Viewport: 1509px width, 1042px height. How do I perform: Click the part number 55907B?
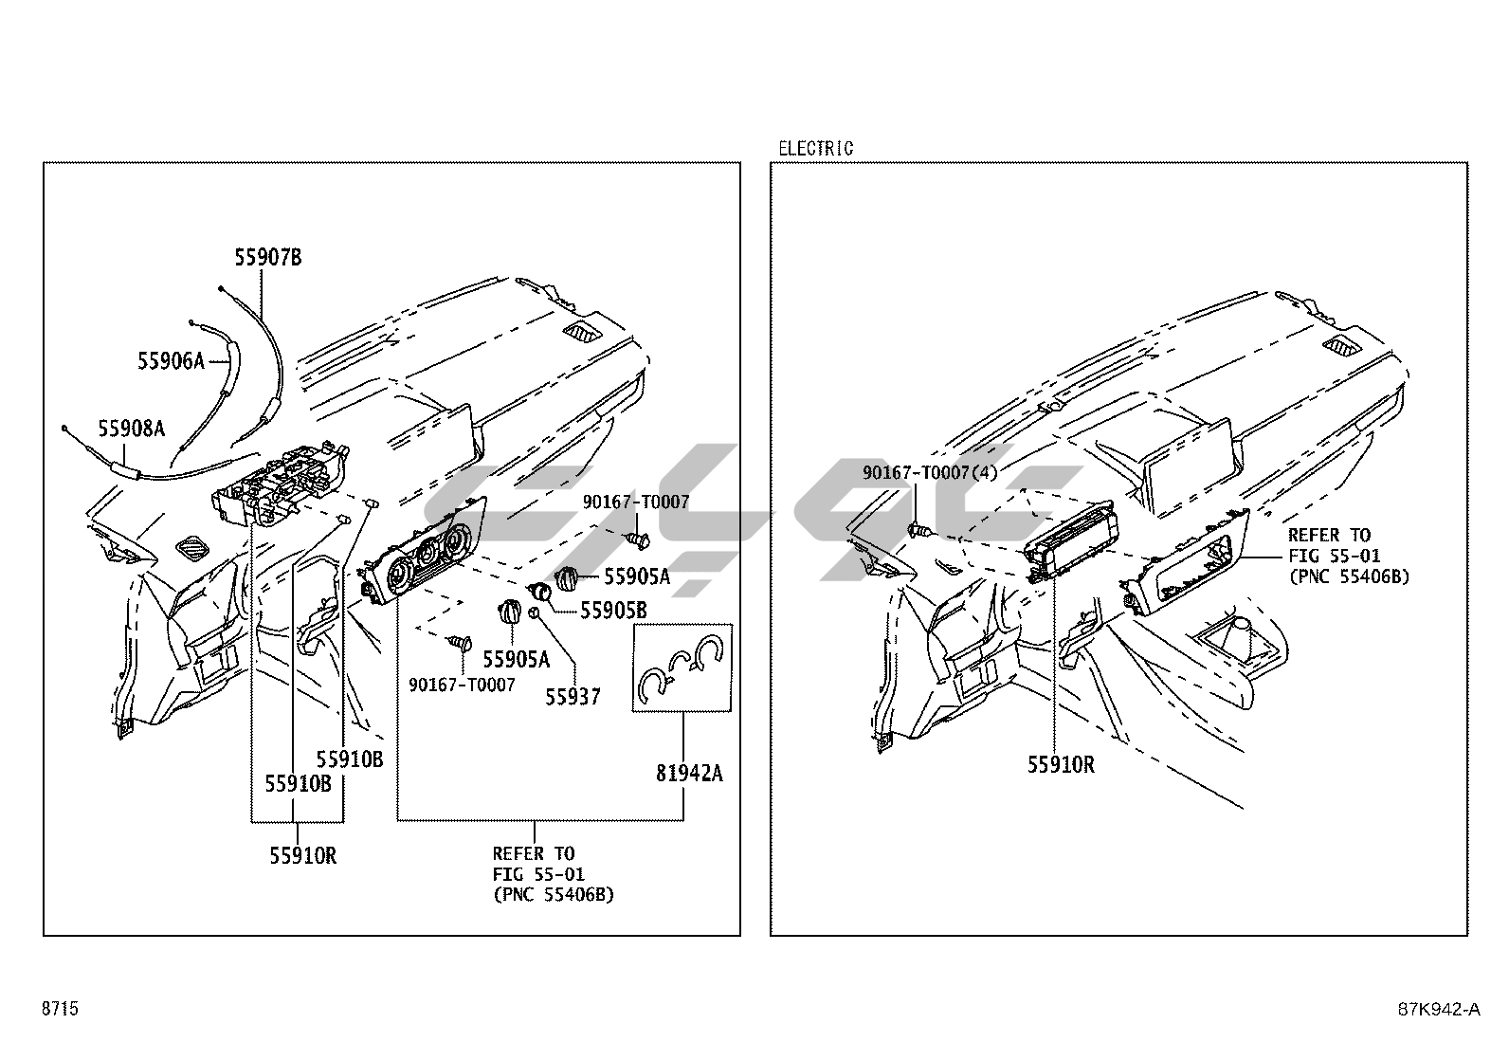click(268, 257)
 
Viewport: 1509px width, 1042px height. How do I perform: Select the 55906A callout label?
click(171, 360)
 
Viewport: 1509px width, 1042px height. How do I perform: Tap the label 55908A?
click(132, 429)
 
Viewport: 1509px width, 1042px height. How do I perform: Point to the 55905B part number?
click(613, 611)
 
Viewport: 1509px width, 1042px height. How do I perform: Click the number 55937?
click(573, 697)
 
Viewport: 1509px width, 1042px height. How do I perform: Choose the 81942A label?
click(688, 774)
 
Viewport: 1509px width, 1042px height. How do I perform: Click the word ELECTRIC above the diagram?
click(815, 149)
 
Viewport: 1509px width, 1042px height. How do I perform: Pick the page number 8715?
click(60, 1009)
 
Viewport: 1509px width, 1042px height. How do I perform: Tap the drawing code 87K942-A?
click(1438, 1009)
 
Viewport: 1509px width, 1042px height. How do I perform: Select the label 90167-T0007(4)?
click(930, 472)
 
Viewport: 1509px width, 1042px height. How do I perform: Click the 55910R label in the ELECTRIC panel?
click(1061, 764)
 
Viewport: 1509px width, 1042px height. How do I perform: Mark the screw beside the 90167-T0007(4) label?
click(918, 529)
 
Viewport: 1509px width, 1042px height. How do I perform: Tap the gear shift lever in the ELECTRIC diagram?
click(1239, 632)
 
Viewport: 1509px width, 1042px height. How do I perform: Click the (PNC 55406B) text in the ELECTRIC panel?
click(1348, 576)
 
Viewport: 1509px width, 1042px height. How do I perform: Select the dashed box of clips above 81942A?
click(682, 667)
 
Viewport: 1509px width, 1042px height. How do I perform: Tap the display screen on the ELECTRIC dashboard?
click(1187, 465)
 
